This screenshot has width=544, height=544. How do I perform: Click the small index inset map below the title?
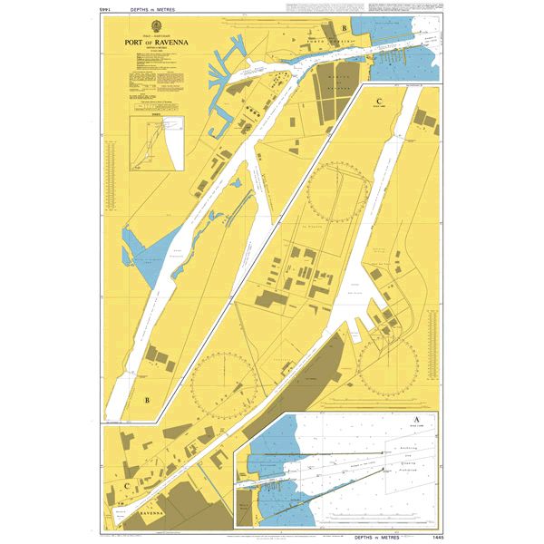click(157, 144)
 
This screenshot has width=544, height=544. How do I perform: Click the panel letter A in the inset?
click(416, 420)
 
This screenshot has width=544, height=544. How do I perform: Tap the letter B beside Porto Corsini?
click(344, 28)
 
